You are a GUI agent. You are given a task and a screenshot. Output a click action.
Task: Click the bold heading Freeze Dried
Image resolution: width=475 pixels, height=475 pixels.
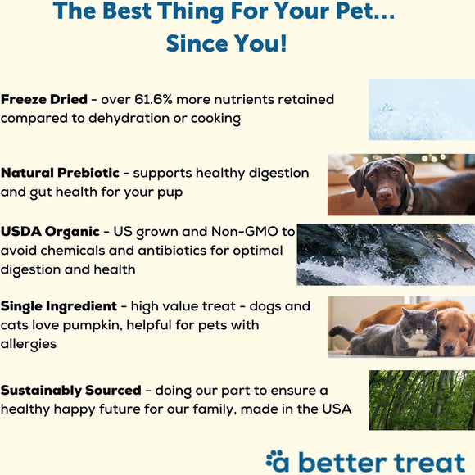[x=44, y=99]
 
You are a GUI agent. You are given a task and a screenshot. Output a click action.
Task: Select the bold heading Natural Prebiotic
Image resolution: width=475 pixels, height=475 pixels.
[x=61, y=173]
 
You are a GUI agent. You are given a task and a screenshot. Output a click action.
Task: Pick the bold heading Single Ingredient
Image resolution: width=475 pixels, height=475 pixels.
[x=59, y=306]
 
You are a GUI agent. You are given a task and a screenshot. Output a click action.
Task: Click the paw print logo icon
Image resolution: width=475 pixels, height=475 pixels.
[x=275, y=459]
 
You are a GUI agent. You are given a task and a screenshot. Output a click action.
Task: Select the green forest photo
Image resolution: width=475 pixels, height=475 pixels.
[x=421, y=400]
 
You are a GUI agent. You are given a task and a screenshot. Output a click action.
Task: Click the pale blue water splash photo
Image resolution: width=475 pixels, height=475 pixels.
[x=421, y=109]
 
